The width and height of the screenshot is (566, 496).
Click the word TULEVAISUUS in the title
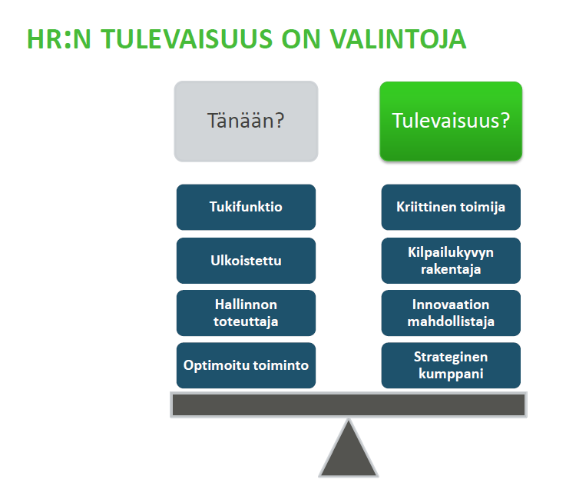pos(187,39)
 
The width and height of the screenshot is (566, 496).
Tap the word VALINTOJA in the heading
pos(398,39)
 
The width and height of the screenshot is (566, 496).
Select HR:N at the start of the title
pos(59,39)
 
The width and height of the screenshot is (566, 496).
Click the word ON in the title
pos(301,39)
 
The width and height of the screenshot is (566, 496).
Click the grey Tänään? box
pos(246,121)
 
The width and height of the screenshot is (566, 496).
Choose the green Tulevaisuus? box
pos(451,121)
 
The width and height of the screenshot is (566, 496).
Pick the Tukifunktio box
pos(246,207)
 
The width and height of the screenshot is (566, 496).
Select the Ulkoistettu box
pos(246,261)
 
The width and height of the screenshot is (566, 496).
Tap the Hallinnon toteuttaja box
pos(246,313)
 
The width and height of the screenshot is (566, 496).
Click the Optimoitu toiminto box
pos(246,365)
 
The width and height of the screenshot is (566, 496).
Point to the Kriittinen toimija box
pos(451,207)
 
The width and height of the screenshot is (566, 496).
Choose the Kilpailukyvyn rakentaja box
pos(451,261)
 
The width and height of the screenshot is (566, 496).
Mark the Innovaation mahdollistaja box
pos(451,313)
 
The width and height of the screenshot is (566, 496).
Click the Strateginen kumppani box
pos(451,365)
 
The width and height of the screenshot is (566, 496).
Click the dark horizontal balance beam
pos(349,405)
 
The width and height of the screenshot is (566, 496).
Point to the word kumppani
pos(451,374)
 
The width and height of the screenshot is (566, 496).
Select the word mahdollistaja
pos(451,321)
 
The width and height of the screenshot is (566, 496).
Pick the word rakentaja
pos(451,269)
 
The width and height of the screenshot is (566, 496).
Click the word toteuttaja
pos(246,321)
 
